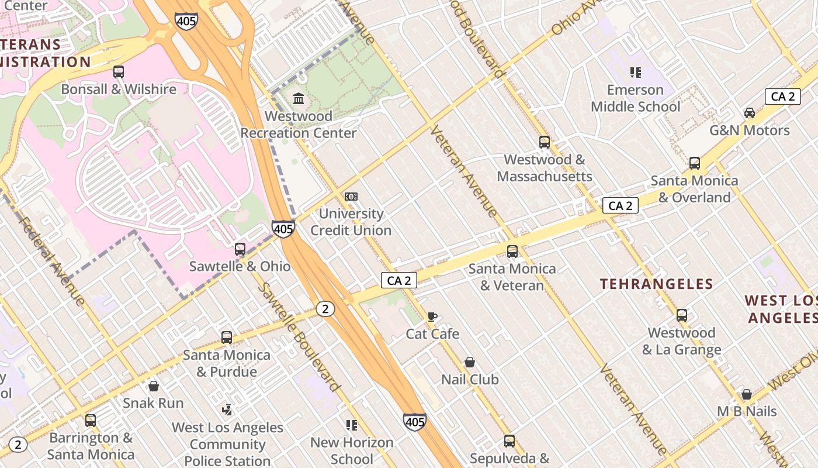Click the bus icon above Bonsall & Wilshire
point(119,72)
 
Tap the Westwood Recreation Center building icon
point(299,98)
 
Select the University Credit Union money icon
point(351,197)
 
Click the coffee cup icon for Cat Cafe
point(432,316)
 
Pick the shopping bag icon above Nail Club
point(469,362)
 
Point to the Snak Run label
point(153,403)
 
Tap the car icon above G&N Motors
point(749,112)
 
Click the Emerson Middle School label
point(635,98)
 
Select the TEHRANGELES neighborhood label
point(656,284)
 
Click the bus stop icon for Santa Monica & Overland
point(694,163)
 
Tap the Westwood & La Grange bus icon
point(681,315)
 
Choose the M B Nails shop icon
point(746,394)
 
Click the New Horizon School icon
point(351,425)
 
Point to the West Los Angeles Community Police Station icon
point(227,410)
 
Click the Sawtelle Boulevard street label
point(298,337)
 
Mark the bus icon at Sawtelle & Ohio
point(240,249)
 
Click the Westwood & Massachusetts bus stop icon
point(544,142)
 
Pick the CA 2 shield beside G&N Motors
point(782,97)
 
